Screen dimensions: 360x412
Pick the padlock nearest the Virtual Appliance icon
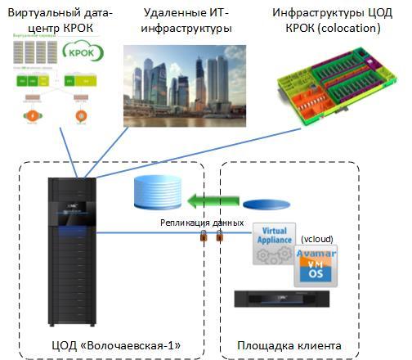pyautogui.click(x=220, y=239)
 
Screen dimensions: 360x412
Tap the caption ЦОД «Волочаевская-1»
pyautogui.click(x=110, y=344)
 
